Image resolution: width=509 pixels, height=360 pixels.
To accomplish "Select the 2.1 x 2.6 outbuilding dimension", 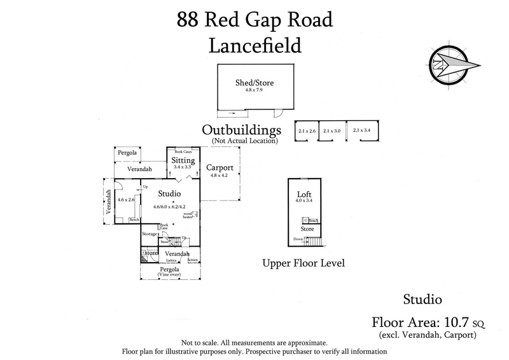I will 307,130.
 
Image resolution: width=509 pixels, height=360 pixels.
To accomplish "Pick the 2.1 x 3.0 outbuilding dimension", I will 332,130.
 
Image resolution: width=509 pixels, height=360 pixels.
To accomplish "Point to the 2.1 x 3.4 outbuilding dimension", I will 361,130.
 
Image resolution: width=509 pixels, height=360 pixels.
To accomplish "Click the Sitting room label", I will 183,161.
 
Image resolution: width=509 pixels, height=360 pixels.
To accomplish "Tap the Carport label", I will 220,168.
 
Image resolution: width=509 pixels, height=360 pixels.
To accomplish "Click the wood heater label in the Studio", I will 188,216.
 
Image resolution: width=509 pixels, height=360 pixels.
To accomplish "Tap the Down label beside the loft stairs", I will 298,240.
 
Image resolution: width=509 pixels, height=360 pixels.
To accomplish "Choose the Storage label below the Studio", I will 150,235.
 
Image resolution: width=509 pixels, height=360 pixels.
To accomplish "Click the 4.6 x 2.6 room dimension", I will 127,200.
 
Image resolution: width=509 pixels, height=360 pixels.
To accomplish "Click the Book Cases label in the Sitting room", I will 183,152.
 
